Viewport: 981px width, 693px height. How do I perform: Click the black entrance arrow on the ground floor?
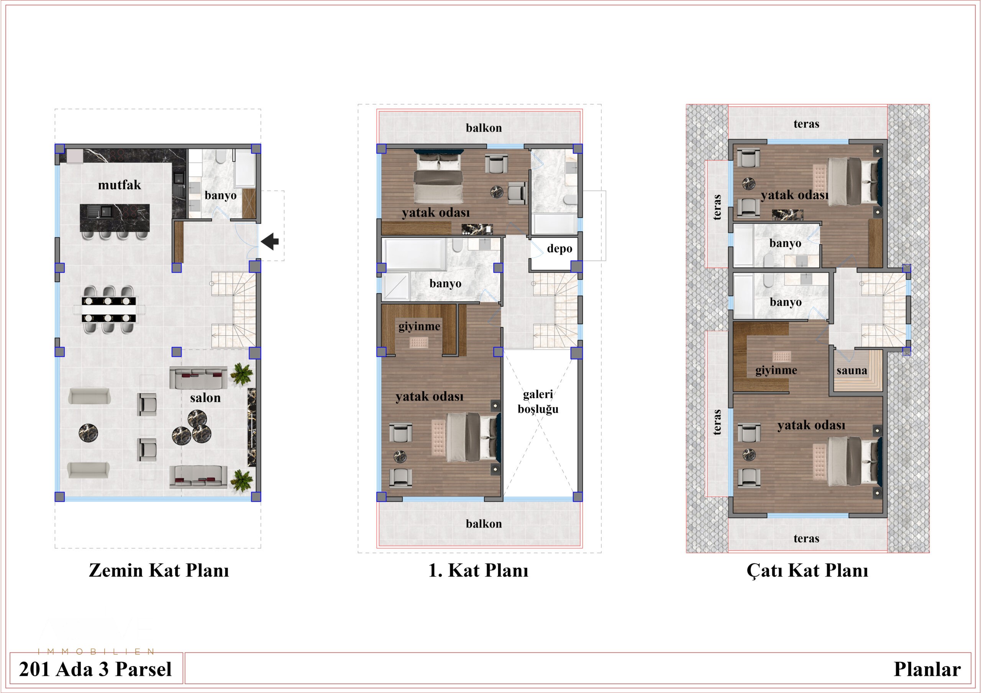pyautogui.click(x=270, y=241)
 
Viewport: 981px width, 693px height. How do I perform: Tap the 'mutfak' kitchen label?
pyautogui.click(x=120, y=185)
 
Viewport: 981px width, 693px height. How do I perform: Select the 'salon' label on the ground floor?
pyautogui.click(x=205, y=397)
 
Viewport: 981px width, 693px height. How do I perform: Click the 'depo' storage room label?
pyautogui.click(x=559, y=249)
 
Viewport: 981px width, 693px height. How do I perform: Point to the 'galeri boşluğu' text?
pyautogui.click(x=538, y=401)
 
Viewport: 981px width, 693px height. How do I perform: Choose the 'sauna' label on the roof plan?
pyautogui.click(x=852, y=370)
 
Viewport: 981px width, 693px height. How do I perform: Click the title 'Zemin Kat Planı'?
pyautogui.click(x=159, y=570)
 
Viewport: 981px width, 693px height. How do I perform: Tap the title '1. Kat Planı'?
pyautogui.click(x=478, y=570)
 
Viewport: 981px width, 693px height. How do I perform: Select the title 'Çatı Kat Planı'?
pyautogui.click(x=807, y=570)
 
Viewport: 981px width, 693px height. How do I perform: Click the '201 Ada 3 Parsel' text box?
pyautogui.click(x=96, y=668)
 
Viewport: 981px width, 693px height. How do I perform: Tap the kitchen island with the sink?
pyautogui.click(x=115, y=218)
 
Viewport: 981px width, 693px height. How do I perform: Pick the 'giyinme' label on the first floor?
pyautogui.click(x=419, y=326)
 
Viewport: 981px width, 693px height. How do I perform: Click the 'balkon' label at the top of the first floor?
pyautogui.click(x=484, y=127)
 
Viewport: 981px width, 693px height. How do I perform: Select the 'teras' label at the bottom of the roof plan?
pyautogui.click(x=806, y=538)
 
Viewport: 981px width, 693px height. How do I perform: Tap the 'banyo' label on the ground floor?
pyautogui.click(x=220, y=196)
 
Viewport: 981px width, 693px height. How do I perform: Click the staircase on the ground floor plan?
pyautogui.click(x=233, y=310)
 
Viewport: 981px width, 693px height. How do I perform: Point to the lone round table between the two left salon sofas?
pyautogui.click(x=89, y=433)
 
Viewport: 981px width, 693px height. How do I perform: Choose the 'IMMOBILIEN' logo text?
pyautogui.click(x=96, y=652)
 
